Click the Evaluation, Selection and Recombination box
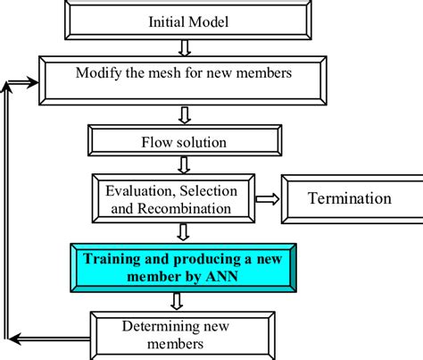click(x=178, y=198)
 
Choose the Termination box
click(x=349, y=198)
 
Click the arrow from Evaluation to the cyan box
click(x=182, y=232)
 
